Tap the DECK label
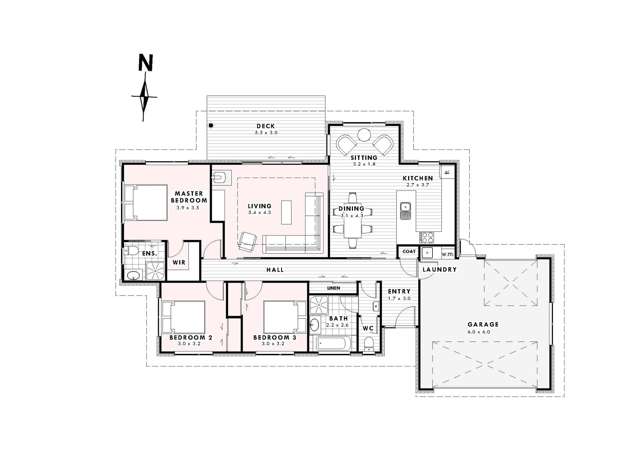tap(265, 126)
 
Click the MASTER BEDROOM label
tap(189, 197)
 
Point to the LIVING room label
tap(259, 206)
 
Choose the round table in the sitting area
tap(363, 144)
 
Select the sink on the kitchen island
tap(406, 211)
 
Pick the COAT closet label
tap(408, 251)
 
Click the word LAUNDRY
tap(440, 270)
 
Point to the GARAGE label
tap(483, 325)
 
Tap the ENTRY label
tap(399, 292)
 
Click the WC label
tap(367, 328)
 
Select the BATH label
tap(338, 319)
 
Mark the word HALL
tap(275, 271)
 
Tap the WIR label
tap(179, 263)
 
